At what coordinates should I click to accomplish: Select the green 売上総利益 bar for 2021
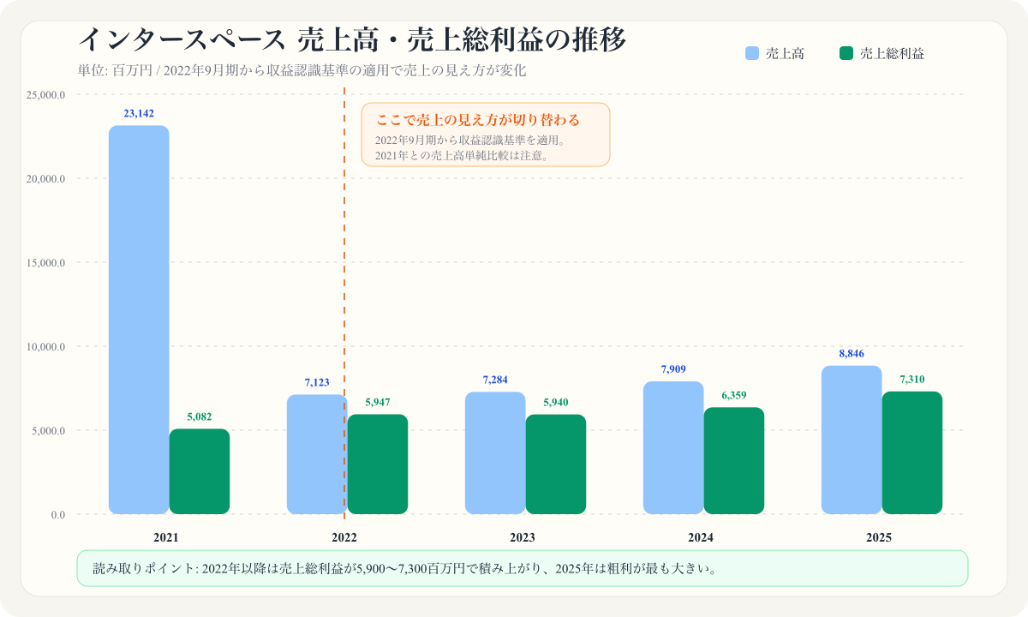coord(200,471)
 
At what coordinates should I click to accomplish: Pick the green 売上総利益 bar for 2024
coord(734,460)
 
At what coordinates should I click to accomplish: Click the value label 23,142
coord(139,113)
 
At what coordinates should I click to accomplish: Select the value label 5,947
coord(378,402)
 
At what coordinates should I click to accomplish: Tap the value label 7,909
coord(673,369)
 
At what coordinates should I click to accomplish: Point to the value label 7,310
coord(912,380)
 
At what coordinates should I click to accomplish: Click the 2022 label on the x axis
coord(344,538)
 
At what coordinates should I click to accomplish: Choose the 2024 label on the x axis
coord(701,538)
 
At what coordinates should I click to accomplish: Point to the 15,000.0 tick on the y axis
coord(46,263)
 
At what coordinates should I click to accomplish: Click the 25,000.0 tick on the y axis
coord(46,95)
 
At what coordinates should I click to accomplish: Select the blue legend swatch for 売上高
coord(752,53)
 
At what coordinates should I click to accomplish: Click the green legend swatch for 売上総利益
coord(846,53)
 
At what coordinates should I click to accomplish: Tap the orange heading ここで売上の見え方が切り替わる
coord(478,120)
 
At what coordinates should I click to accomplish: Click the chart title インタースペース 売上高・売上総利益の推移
coord(352,39)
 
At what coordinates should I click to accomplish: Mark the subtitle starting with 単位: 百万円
coord(301,70)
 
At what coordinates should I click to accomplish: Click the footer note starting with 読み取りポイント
coord(404,568)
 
